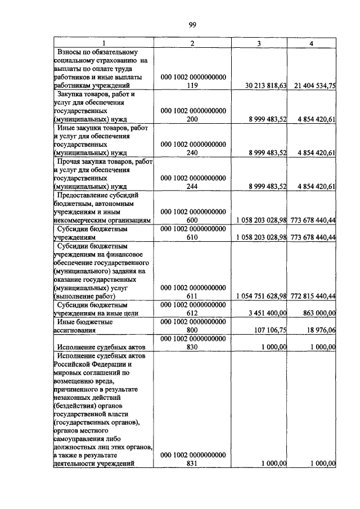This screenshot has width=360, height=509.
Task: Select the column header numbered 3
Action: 258,43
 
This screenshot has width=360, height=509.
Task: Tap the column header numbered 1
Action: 103,43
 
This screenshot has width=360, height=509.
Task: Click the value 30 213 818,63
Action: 267,85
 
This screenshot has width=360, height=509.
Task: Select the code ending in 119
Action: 193,85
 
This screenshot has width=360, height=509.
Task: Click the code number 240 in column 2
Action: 193,152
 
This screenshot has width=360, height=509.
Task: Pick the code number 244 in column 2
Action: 193,186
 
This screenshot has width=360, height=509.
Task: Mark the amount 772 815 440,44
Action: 312,296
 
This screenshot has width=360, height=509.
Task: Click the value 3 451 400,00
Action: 267,313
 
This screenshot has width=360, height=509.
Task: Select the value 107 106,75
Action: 269,330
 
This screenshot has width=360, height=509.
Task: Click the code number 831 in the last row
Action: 193,463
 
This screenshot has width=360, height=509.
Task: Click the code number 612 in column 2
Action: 193,313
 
